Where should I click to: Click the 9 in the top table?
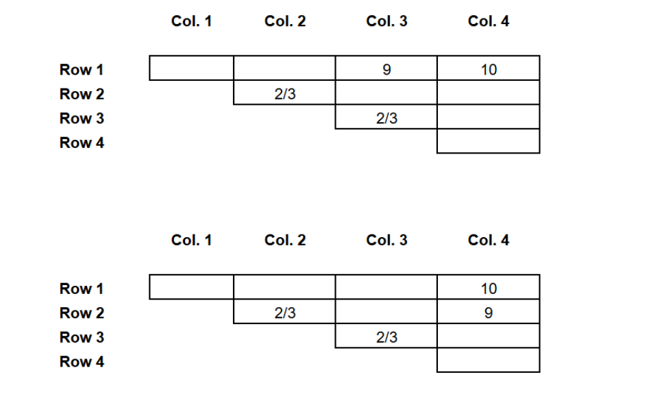tap(386, 69)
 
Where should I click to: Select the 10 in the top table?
tap(489, 69)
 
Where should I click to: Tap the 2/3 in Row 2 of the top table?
tap(285, 94)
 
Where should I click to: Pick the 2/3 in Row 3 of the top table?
tap(386, 119)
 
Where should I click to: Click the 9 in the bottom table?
tap(489, 313)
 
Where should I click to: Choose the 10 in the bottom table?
tap(489, 289)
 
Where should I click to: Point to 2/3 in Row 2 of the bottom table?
tap(285, 313)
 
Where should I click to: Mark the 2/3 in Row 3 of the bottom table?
tap(386, 337)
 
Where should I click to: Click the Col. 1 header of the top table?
tap(191, 21)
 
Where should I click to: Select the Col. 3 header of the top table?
tap(386, 21)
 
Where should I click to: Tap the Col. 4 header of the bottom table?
tap(489, 240)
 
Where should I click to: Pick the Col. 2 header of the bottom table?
tap(285, 240)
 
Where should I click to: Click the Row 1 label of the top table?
tap(82, 69)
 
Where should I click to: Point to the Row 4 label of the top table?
tap(82, 143)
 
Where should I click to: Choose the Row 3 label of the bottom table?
tap(82, 337)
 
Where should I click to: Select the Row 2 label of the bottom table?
tap(82, 313)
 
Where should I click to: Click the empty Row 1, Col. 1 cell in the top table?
tap(191, 68)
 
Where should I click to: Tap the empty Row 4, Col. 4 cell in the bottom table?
tap(488, 360)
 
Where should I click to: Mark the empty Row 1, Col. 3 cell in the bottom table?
tap(386, 286)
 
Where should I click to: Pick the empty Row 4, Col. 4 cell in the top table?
tap(488, 141)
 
